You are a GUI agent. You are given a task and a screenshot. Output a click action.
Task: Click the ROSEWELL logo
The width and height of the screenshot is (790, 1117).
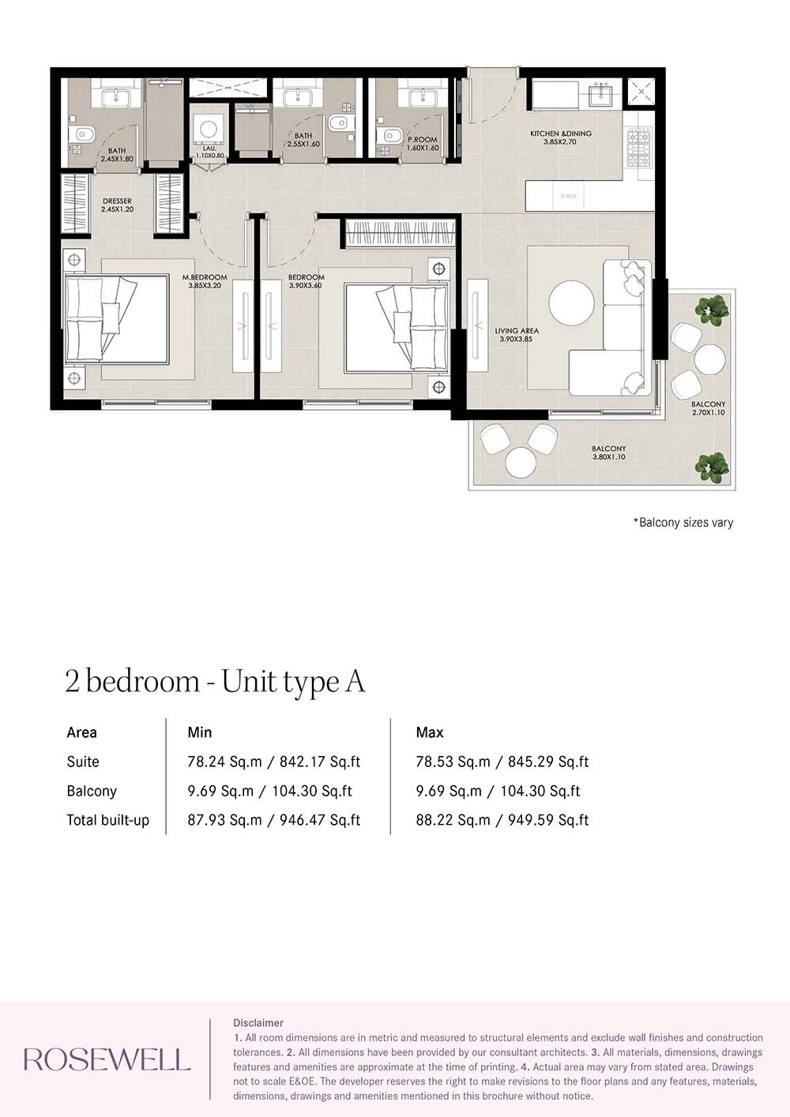click(107, 1059)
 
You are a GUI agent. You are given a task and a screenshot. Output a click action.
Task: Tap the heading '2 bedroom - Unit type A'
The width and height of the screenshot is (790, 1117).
click(215, 681)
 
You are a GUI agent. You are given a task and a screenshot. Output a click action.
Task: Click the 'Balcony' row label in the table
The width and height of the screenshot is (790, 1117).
click(92, 791)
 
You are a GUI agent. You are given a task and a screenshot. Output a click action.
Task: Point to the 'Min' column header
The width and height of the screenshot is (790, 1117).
click(199, 732)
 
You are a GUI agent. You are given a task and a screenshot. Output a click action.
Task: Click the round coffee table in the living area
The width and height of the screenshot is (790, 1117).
click(572, 303)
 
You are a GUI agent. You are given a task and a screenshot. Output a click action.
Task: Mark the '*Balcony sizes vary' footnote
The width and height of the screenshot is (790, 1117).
click(683, 522)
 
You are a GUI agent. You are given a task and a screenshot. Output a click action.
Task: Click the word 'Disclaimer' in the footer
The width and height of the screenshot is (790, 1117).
click(258, 1022)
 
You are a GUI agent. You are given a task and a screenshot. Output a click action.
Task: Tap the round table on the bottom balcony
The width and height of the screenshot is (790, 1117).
click(521, 462)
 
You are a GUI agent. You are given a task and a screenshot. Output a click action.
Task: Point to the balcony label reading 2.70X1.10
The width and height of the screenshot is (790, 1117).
click(708, 408)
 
